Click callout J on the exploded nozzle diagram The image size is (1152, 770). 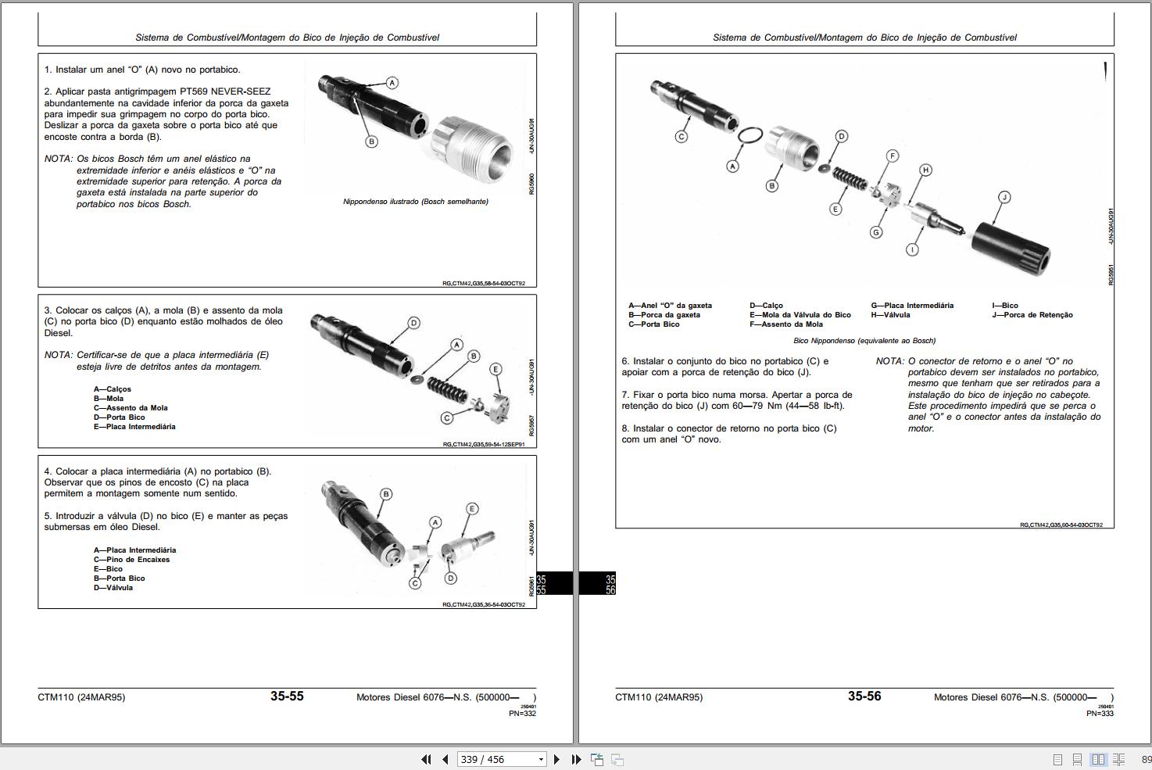coord(1004,197)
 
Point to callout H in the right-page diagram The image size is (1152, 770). coord(925,170)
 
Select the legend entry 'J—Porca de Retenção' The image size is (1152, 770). coord(1032,315)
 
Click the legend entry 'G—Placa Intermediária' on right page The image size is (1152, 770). coord(912,306)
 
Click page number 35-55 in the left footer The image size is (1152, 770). coord(287,697)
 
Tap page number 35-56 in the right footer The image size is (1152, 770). coord(864,697)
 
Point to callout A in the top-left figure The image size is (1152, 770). coord(392,83)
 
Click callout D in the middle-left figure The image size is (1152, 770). coord(413,323)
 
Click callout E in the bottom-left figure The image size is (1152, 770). coord(472,509)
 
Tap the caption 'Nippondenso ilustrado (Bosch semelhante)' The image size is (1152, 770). coord(416,202)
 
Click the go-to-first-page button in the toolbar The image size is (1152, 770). coord(426,759)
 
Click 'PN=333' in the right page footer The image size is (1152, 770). coord(1100,714)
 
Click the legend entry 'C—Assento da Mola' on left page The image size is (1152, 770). coord(131,408)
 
